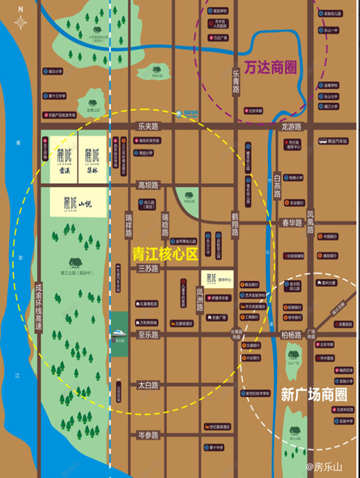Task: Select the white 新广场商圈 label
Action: (x=314, y=395)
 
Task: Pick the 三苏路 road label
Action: (x=148, y=269)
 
